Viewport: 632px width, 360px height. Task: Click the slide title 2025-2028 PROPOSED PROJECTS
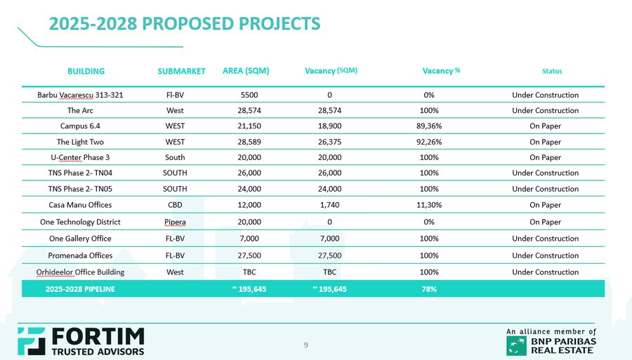[184, 24]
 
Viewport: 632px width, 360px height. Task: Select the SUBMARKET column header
[181, 71]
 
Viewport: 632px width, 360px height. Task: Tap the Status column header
[552, 71]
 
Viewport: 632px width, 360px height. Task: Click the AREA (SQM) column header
[246, 71]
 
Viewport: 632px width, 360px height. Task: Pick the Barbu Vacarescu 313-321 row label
[80, 95]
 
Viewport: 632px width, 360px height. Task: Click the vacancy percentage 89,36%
[429, 126]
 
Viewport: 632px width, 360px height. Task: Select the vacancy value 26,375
[329, 142]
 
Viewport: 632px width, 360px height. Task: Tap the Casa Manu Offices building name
[80, 205]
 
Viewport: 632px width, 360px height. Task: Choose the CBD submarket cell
[175, 205]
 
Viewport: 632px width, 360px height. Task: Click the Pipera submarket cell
[175, 222]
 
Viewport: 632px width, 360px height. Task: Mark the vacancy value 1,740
[329, 205]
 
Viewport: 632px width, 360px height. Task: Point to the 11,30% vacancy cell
[429, 205]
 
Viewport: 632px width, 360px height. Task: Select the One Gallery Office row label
[80, 239]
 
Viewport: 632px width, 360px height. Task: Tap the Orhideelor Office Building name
[80, 272]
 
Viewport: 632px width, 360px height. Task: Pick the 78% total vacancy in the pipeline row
[429, 289]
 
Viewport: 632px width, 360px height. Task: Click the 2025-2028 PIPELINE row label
[80, 289]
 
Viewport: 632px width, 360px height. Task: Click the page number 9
[305, 345]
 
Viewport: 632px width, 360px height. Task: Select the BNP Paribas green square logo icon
[516, 345]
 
